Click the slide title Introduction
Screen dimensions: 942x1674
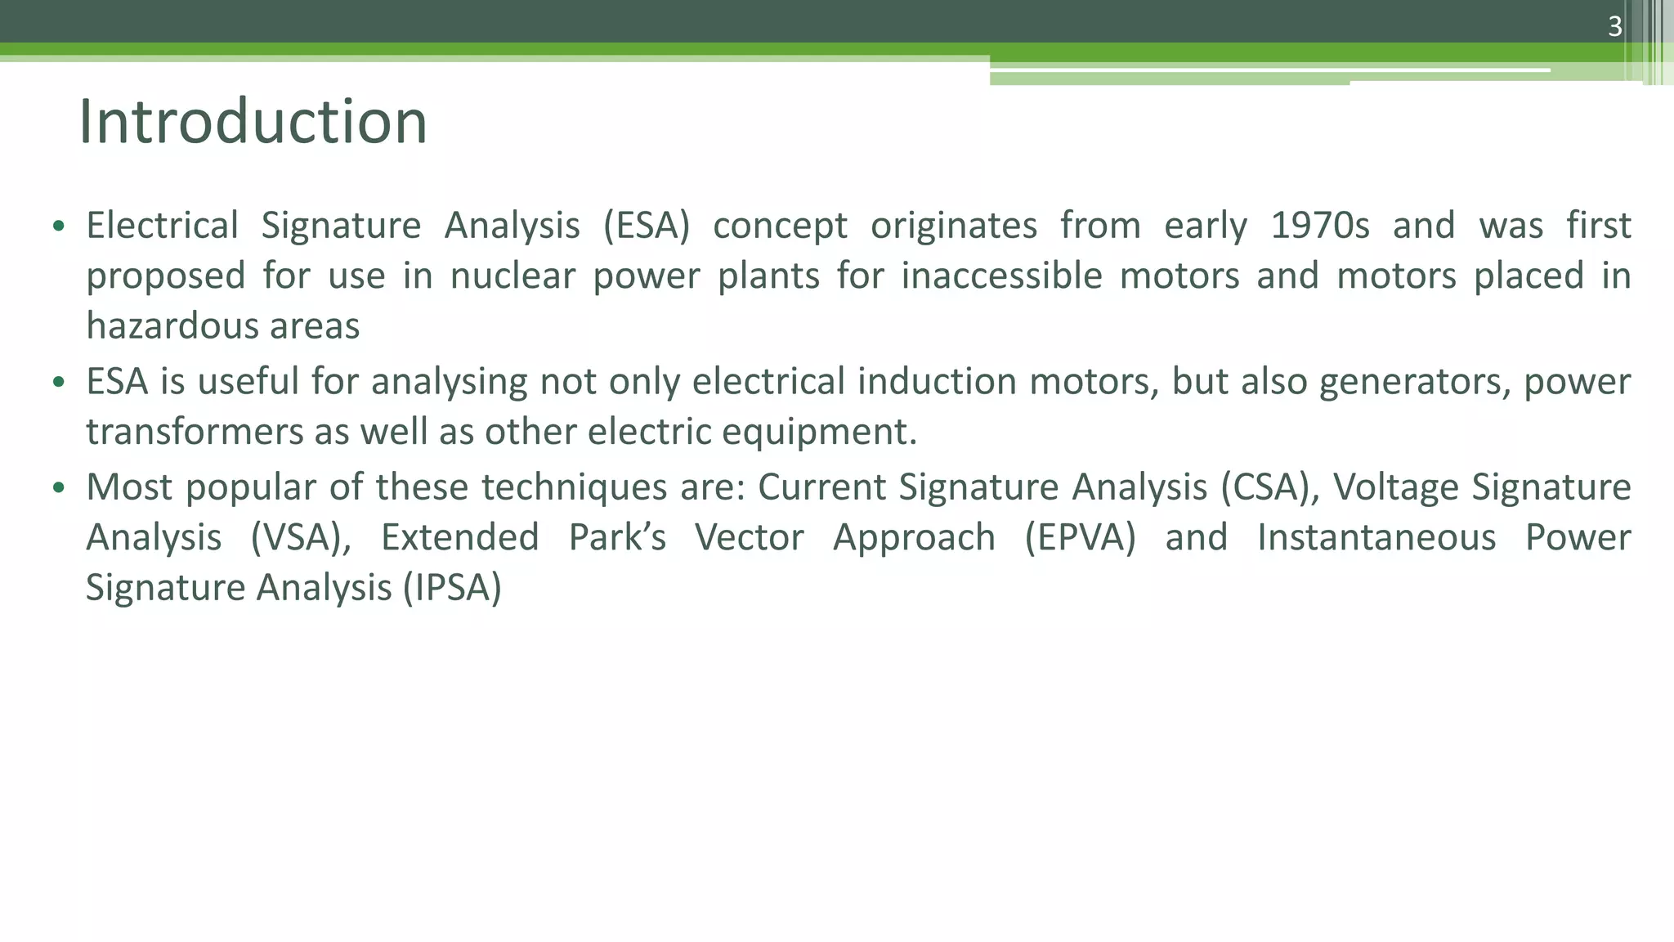(x=253, y=123)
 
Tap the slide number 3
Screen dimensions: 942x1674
(x=1614, y=27)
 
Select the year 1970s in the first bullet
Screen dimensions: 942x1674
(x=1319, y=226)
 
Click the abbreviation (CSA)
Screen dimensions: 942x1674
(x=1271, y=487)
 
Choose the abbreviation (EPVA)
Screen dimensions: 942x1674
(x=1080, y=538)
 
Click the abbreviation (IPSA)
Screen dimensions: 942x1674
(x=452, y=588)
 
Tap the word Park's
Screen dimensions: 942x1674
(x=617, y=538)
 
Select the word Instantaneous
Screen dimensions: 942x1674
(x=1376, y=538)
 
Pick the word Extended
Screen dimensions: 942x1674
(x=459, y=538)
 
